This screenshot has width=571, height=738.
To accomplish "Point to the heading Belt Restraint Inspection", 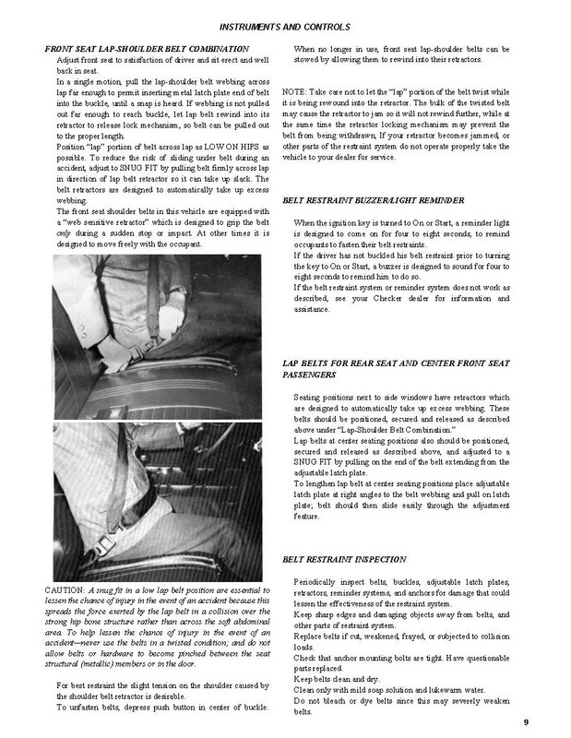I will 355,560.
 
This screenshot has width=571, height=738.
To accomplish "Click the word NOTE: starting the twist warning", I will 297,94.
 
